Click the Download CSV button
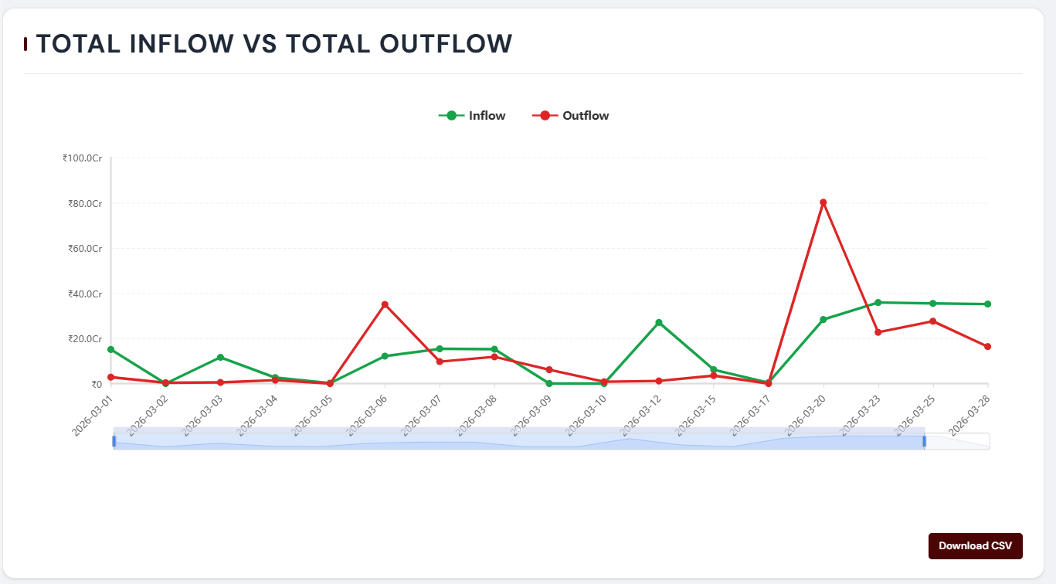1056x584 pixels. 975,545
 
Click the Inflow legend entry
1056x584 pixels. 472,116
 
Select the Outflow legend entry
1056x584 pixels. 571,116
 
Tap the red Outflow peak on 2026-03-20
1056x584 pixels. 823,202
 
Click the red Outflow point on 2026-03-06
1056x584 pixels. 385,304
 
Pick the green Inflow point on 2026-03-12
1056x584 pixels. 659,322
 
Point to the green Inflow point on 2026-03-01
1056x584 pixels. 111,349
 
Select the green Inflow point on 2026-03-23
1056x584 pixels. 878,302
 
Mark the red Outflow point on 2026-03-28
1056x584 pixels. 988,347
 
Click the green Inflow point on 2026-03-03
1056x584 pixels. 221,357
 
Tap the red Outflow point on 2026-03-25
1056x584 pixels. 933,321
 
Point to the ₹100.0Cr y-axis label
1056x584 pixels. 83,158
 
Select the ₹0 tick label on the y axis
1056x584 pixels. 97,384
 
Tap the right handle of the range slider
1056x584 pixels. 924,441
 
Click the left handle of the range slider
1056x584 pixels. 114,441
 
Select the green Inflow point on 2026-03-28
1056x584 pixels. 988,304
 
